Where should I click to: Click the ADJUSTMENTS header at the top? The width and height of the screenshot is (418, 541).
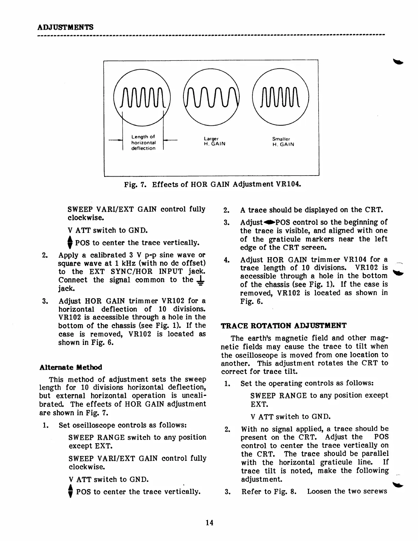[x=65, y=27]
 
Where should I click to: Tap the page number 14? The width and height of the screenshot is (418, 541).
[x=209, y=523]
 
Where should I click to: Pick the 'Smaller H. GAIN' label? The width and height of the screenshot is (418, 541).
[x=283, y=142]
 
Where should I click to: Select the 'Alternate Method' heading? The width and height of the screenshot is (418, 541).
[x=71, y=367]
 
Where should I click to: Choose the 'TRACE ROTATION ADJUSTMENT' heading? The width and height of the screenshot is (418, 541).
[x=283, y=325]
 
